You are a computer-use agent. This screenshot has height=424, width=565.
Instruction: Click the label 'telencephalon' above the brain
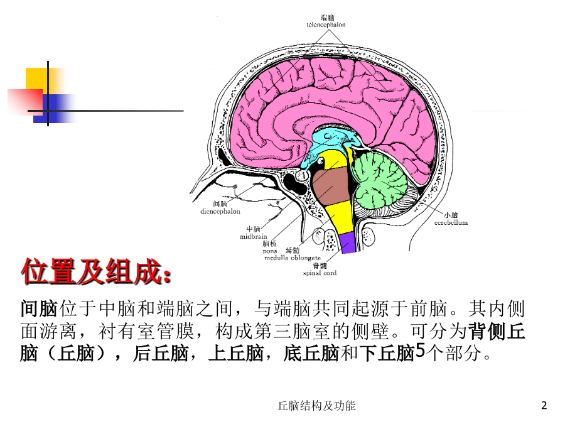click(326, 25)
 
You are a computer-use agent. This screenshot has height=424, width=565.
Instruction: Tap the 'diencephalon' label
click(220, 211)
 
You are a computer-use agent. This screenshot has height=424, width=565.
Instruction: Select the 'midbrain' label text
click(254, 237)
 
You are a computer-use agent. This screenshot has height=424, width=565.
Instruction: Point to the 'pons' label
click(270, 251)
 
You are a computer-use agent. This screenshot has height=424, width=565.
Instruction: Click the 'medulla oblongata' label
click(292, 258)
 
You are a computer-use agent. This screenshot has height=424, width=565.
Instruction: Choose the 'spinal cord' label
click(320, 273)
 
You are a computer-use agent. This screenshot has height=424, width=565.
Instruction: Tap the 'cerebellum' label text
click(451, 222)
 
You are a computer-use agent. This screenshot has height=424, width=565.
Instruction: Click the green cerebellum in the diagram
click(379, 180)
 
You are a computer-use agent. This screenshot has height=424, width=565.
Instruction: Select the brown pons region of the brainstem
click(330, 187)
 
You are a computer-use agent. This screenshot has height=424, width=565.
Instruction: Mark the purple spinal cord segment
click(348, 242)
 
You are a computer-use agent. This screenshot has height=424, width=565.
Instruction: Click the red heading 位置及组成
click(95, 271)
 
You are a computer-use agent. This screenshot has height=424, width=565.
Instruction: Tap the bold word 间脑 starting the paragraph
click(39, 308)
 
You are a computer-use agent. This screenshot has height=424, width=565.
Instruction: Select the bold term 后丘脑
click(161, 353)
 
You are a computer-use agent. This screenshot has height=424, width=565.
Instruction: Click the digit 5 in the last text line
click(420, 350)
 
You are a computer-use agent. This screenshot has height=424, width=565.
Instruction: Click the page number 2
click(544, 406)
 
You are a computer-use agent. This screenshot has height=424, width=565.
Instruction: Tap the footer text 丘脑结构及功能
click(317, 406)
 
